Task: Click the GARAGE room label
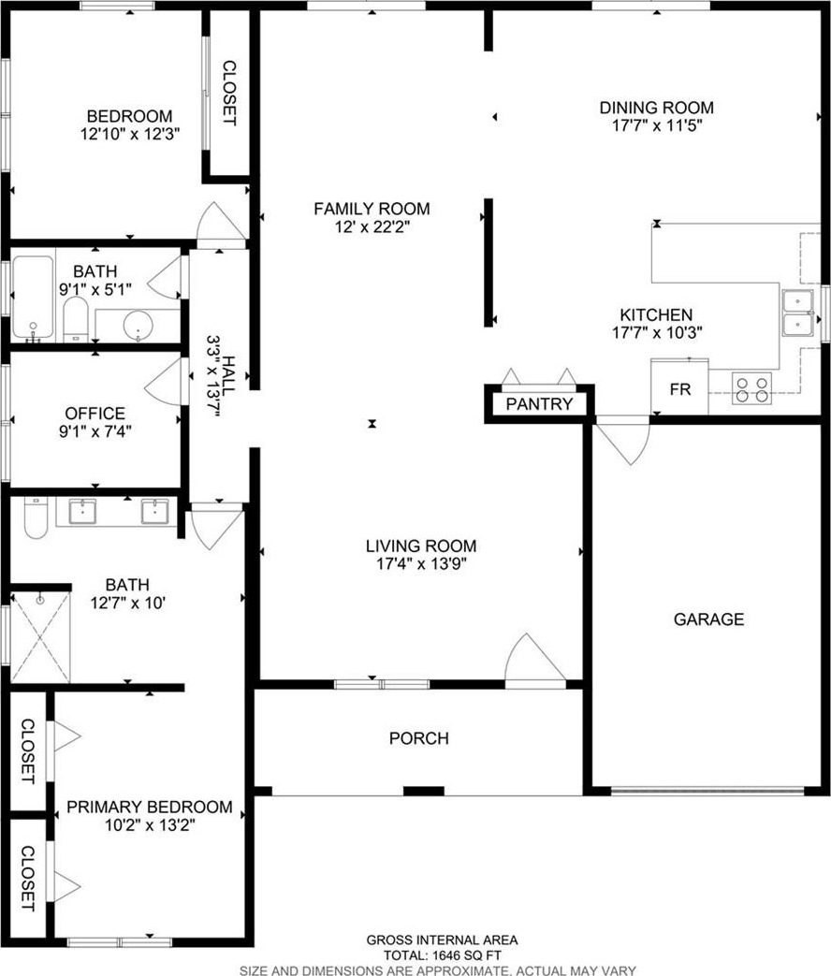[709, 619]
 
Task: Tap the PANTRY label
[539, 404]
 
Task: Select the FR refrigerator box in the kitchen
[679, 387]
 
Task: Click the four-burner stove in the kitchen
[752, 388]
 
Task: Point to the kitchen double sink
[798, 313]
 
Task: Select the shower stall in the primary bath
[40, 637]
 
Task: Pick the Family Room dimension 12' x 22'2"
[372, 227]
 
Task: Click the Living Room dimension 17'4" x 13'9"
[421, 564]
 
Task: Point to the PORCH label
[419, 738]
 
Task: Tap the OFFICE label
[95, 414]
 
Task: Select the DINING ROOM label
[657, 108]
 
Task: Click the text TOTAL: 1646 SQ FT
[442, 956]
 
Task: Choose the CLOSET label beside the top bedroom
[229, 93]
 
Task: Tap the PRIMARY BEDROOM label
[150, 808]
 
